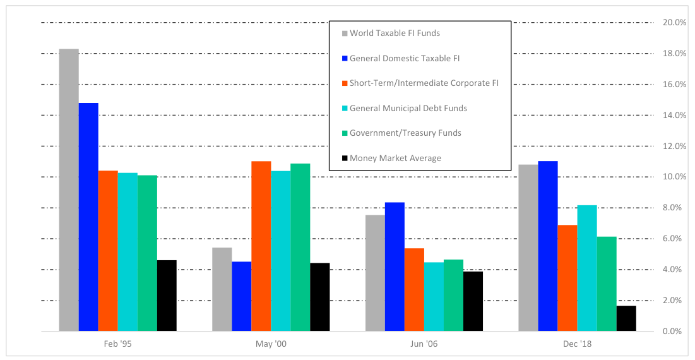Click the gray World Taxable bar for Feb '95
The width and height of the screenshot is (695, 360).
(69, 189)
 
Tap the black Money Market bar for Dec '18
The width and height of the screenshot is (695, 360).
(626, 318)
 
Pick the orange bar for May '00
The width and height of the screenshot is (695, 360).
(261, 246)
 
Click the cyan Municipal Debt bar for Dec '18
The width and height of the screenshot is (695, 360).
(587, 268)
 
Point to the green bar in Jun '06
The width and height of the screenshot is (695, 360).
(453, 295)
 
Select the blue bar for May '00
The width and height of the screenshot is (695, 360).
(242, 296)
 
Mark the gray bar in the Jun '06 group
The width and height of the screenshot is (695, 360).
(375, 273)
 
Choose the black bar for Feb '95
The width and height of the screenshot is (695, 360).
(167, 296)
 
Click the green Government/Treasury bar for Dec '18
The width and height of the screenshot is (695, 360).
(607, 284)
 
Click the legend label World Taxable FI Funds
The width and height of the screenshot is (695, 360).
(395, 33)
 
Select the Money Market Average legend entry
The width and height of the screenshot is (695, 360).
(395, 158)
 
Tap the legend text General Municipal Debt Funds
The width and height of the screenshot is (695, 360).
(408, 108)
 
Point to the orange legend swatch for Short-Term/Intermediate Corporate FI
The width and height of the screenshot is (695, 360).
(344, 83)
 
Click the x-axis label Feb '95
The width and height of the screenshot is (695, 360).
(118, 344)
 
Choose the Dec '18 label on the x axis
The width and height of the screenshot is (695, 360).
(578, 344)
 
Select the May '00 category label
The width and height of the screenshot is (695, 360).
(271, 344)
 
